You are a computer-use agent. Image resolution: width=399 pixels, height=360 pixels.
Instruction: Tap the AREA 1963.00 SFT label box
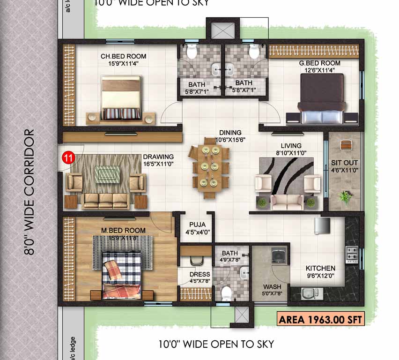click(321, 320)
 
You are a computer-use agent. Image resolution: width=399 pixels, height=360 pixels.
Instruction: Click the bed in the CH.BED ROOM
click(120, 98)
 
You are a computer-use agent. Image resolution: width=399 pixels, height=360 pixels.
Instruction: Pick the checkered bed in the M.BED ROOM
click(121, 275)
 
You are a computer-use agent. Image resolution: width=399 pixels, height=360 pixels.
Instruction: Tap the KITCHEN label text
click(320, 269)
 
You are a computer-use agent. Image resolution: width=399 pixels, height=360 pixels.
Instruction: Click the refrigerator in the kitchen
click(323, 225)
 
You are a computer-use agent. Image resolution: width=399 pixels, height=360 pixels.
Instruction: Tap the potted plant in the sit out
click(345, 197)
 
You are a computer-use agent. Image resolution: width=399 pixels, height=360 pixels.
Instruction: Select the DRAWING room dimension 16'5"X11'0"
click(158, 164)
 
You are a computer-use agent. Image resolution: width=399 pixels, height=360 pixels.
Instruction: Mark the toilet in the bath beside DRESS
click(227, 293)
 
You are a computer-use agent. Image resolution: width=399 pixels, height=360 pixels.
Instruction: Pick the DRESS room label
click(199, 274)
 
